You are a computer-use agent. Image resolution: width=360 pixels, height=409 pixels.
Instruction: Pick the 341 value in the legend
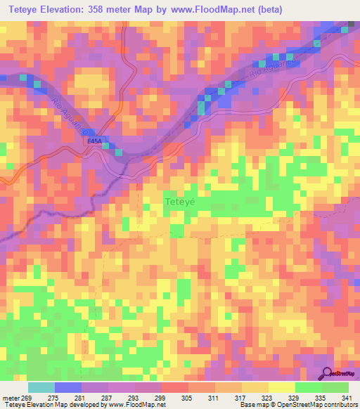click(346, 398)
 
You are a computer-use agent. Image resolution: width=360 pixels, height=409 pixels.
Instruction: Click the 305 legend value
click(186, 398)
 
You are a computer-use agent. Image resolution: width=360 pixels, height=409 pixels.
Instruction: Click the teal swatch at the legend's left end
click(41, 387)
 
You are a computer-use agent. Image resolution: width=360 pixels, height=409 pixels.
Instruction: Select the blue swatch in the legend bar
click(68, 387)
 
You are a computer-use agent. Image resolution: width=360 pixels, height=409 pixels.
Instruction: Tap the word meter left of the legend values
click(10, 398)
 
